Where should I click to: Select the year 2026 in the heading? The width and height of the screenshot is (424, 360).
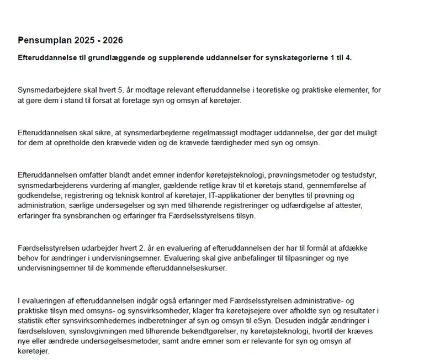(112, 41)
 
